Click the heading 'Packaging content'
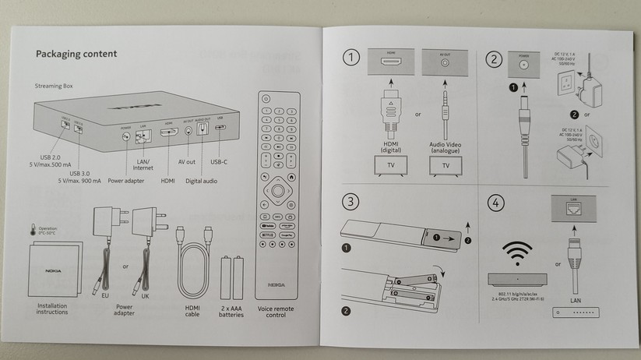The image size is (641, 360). click(x=76, y=54)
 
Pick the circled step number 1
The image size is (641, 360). click(x=354, y=58)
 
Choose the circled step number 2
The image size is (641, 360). click(x=492, y=58)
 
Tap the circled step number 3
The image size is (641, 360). click(x=354, y=203)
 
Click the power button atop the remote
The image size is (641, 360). click(x=266, y=99)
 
